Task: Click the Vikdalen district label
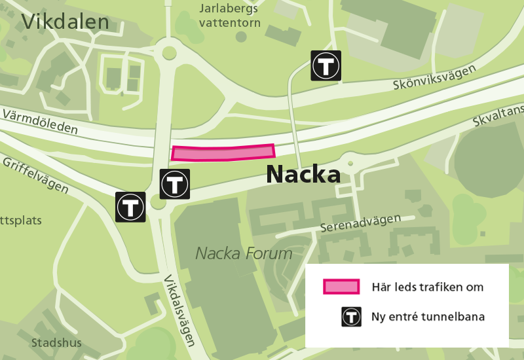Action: coord(65,22)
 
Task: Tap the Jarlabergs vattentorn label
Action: coord(229,16)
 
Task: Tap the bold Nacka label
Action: coord(303,175)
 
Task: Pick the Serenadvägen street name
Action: coord(360,223)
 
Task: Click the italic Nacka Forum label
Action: coord(244,253)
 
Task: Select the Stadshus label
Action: coord(56,342)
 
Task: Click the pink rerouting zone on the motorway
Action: coord(223,153)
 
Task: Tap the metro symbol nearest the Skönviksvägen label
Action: coord(326,65)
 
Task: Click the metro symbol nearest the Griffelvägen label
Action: coord(130,207)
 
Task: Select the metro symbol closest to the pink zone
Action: coord(175,184)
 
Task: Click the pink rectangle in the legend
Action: coord(341,287)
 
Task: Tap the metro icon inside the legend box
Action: coord(352,317)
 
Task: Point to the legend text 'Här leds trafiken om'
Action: coord(427,287)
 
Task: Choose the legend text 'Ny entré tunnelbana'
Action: coord(428,317)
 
